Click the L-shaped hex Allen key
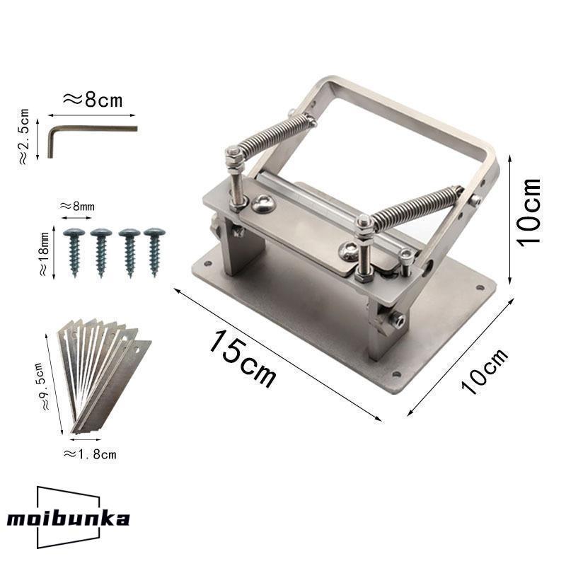pyautogui.click(x=92, y=129)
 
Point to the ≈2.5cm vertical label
pyautogui.click(x=24, y=137)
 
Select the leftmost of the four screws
pyautogui.click(x=74, y=252)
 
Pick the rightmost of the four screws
pyautogui.click(x=154, y=252)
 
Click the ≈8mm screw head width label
pyautogui.click(x=77, y=206)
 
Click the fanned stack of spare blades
pyautogui.click(x=104, y=376)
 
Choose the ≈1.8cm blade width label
pyautogui.click(x=90, y=454)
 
